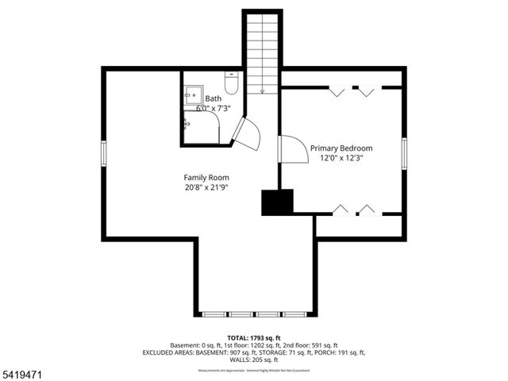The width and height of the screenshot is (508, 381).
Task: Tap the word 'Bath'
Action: (213, 98)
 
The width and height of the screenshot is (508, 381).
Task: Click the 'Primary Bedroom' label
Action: (341, 148)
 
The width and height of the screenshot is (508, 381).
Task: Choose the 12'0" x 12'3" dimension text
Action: (341, 158)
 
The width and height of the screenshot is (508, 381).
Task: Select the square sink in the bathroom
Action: (191, 94)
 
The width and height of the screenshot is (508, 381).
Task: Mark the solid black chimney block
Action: (277, 202)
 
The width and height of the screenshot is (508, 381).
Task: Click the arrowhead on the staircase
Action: (262, 91)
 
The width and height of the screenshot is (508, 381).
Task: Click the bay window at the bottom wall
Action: (254, 314)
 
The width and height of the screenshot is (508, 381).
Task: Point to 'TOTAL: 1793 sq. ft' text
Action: (253, 337)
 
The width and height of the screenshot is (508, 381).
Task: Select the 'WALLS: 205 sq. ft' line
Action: (253, 360)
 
